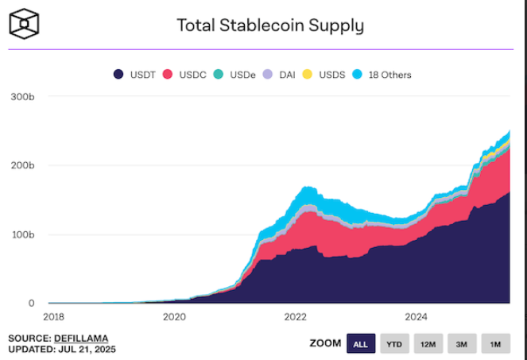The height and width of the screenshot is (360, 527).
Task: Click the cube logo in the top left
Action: [x=25, y=24]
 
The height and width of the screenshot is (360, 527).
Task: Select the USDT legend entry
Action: [x=134, y=75]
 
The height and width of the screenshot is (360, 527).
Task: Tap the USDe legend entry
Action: [x=236, y=75]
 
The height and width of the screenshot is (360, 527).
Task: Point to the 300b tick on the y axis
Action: [x=23, y=96]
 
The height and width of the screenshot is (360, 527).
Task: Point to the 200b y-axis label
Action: [x=23, y=165]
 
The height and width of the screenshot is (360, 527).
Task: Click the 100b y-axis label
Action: [x=23, y=234]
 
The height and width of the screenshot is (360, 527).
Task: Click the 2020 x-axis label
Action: [x=174, y=316]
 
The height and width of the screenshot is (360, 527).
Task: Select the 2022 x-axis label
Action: [x=295, y=316]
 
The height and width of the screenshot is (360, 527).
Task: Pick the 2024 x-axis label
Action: [x=417, y=316]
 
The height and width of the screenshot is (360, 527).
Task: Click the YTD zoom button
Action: [x=394, y=343]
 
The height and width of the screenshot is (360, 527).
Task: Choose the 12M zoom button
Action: [x=428, y=343]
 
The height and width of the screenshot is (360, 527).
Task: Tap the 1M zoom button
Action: [x=494, y=343]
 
